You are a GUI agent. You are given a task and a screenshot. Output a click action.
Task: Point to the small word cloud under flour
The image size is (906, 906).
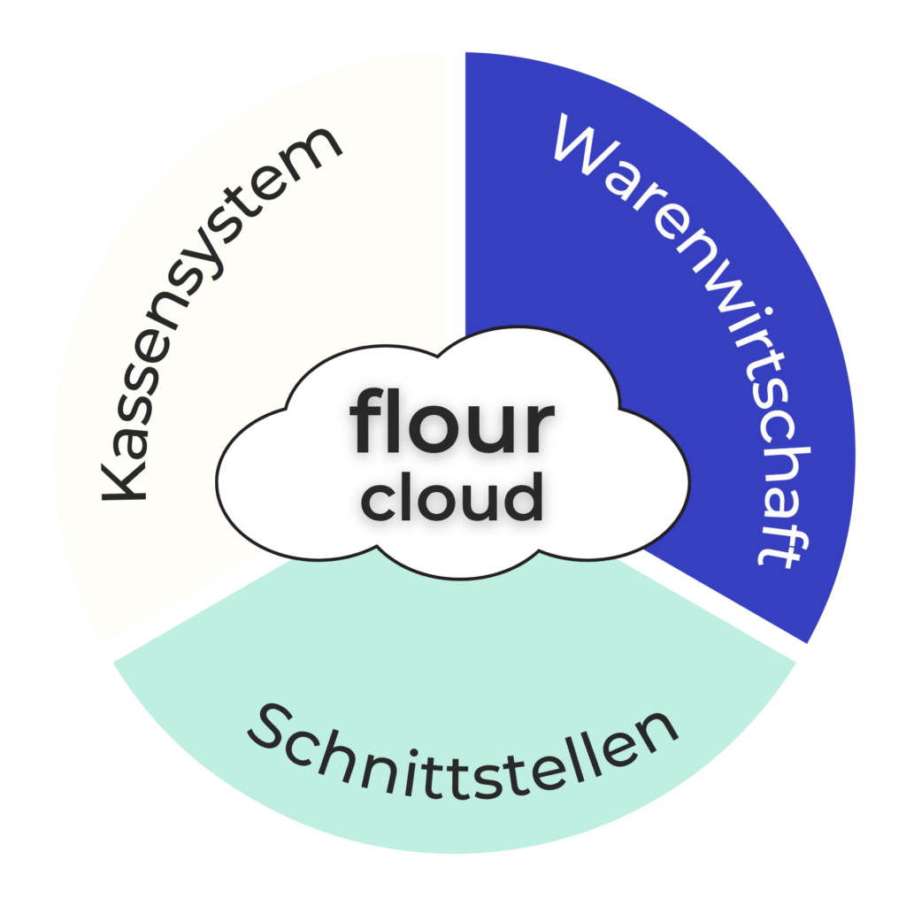point(453,497)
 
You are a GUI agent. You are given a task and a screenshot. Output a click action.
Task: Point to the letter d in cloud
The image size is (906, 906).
point(523,495)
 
